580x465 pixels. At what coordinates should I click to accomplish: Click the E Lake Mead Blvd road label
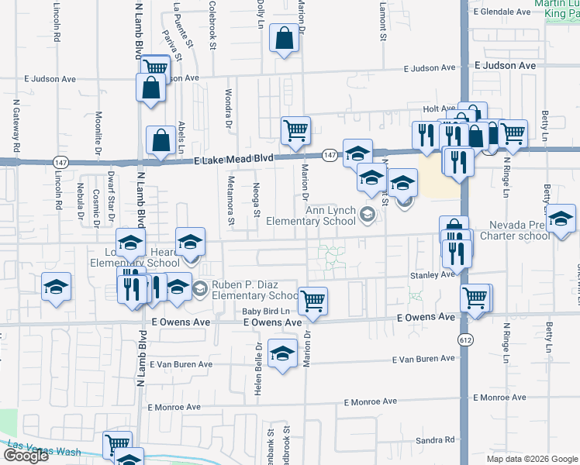(x=233, y=158)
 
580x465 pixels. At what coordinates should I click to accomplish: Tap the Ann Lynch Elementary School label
(x=310, y=215)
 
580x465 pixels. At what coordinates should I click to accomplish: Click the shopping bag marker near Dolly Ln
(x=285, y=38)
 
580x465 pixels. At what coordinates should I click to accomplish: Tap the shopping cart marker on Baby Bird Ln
(x=312, y=300)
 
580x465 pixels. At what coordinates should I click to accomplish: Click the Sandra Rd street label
(x=434, y=440)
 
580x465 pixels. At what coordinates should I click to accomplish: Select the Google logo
(x=26, y=456)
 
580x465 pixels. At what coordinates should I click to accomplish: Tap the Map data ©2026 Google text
(x=532, y=459)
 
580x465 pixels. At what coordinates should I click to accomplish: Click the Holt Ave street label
(x=438, y=109)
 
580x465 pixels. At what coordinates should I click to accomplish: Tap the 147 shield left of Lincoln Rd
(x=60, y=162)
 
